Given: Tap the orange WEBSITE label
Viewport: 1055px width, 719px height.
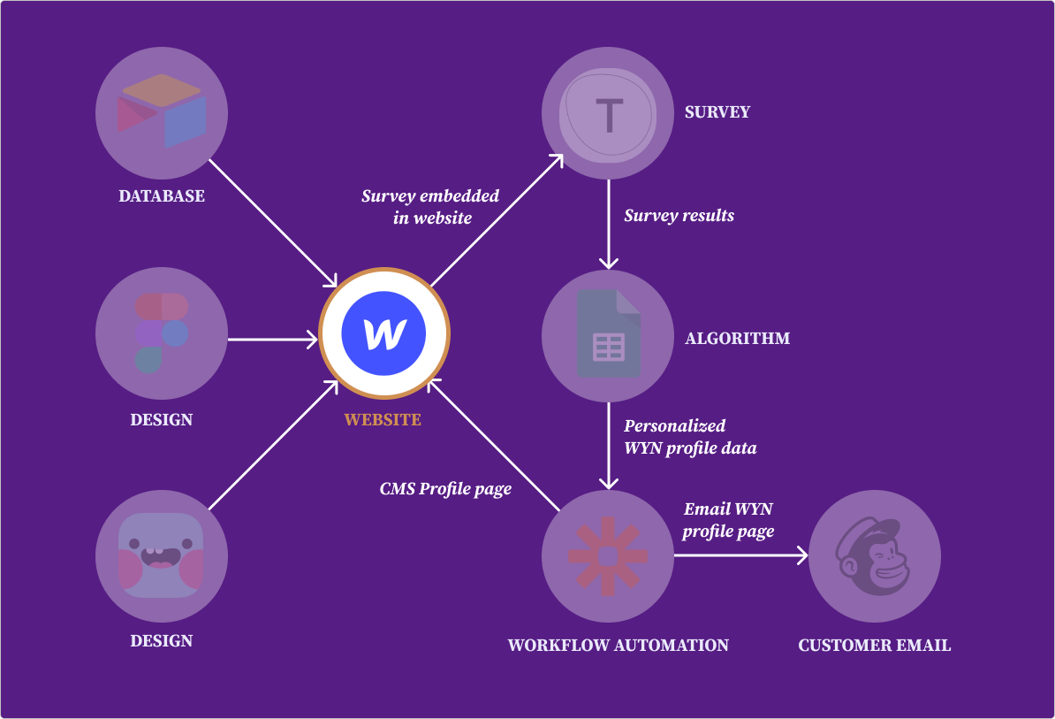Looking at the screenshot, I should click(383, 419).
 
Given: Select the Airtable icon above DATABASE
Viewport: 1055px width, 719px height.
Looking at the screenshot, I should click(162, 111).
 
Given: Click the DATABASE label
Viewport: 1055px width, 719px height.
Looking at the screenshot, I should click(162, 195).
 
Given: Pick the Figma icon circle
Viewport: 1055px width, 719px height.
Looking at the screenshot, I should click(162, 333).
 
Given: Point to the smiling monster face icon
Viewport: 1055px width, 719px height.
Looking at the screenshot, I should click(162, 555).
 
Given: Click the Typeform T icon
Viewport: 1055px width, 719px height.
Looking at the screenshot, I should click(608, 113).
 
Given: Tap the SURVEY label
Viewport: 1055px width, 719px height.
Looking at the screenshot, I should click(717, 112).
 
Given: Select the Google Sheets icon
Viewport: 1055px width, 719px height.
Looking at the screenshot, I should click(608, 335).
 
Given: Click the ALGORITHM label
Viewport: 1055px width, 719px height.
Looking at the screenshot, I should click(738, 338).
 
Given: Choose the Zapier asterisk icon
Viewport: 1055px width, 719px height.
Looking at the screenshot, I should click(608, 556).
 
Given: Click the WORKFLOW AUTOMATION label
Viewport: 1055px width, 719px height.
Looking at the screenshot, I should click(619, 645).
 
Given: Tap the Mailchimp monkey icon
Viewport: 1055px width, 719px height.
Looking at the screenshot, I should click(875, 556).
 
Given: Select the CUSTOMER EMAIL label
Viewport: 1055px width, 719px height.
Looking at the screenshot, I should click(875, 645).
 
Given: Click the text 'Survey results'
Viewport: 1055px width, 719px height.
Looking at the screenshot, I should click(679, 215).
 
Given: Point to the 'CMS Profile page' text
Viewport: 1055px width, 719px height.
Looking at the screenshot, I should click(445, 488).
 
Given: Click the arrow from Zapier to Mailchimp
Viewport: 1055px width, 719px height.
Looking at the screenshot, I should click(740, 555).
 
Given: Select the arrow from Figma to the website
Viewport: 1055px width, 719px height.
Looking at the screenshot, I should click(272, 338).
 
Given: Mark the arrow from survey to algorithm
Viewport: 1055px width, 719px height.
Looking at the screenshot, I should click(608, 223).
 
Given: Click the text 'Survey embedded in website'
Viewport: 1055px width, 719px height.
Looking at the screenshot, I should click(430, 206).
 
